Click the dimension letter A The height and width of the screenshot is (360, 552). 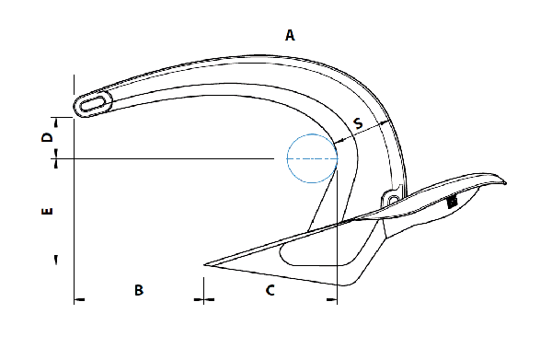click(x=290, y=35)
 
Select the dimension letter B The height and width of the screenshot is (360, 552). click(x=139, y=290)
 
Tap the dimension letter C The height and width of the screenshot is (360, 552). click(x=270, y=290)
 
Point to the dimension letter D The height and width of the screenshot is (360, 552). click(x=47, y=137)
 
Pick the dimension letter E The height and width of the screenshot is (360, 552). click(x=47, y=211)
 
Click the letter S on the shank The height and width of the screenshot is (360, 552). click(x=358, y=123)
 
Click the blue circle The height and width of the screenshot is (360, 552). click(x=287, y=158)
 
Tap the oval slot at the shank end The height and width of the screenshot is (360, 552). click(x=92, y=105)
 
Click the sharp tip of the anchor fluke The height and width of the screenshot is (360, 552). click(x=204, y=264)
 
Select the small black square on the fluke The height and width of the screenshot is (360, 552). click(x=452, y=202)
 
